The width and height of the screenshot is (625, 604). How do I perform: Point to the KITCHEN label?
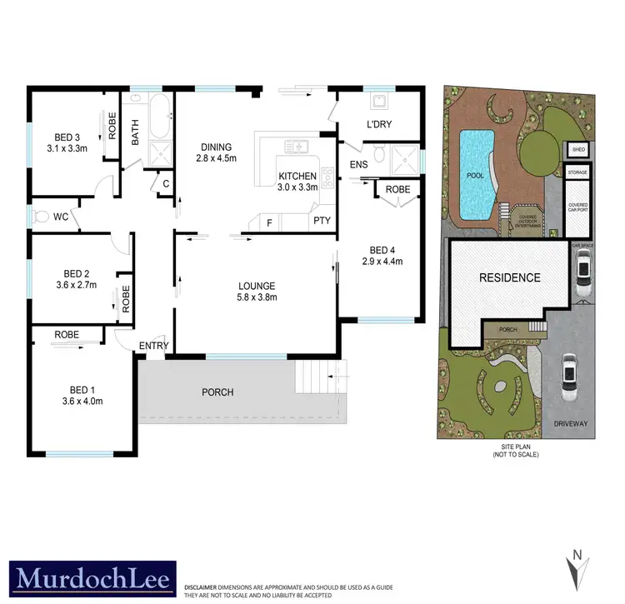pos(297,176)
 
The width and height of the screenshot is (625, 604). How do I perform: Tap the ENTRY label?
pos(154,346)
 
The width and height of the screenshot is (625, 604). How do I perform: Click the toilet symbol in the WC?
pos(42,217)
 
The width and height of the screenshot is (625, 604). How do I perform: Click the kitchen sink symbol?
pos(297,147)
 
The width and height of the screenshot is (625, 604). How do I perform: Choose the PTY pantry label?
pos(321,221)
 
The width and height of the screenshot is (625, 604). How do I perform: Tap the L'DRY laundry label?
pos(379,125)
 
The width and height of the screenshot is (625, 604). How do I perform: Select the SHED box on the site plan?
pos(577,150)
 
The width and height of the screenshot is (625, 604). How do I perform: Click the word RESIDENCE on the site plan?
pos(508,277)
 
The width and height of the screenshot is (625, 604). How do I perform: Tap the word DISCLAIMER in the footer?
pos(202,587)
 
